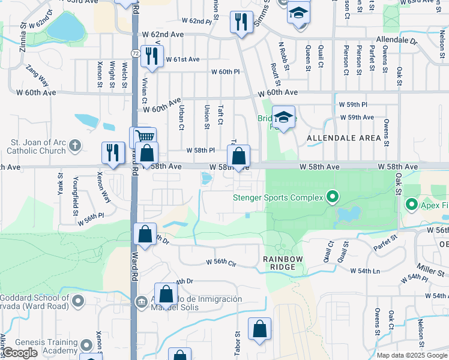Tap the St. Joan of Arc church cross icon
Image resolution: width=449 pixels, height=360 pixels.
(74, 145)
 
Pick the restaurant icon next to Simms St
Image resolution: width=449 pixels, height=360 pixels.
(241, 22)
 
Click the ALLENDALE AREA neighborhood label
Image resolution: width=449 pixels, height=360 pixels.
(344, 138)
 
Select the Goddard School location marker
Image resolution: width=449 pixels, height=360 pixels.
(78, 303)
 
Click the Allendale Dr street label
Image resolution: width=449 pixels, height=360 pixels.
(396, 41)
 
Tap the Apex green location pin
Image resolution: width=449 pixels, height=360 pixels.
(412, 205)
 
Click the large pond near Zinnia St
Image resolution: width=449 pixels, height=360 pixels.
(66, 25)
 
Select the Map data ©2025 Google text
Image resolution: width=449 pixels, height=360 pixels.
(411, 355)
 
